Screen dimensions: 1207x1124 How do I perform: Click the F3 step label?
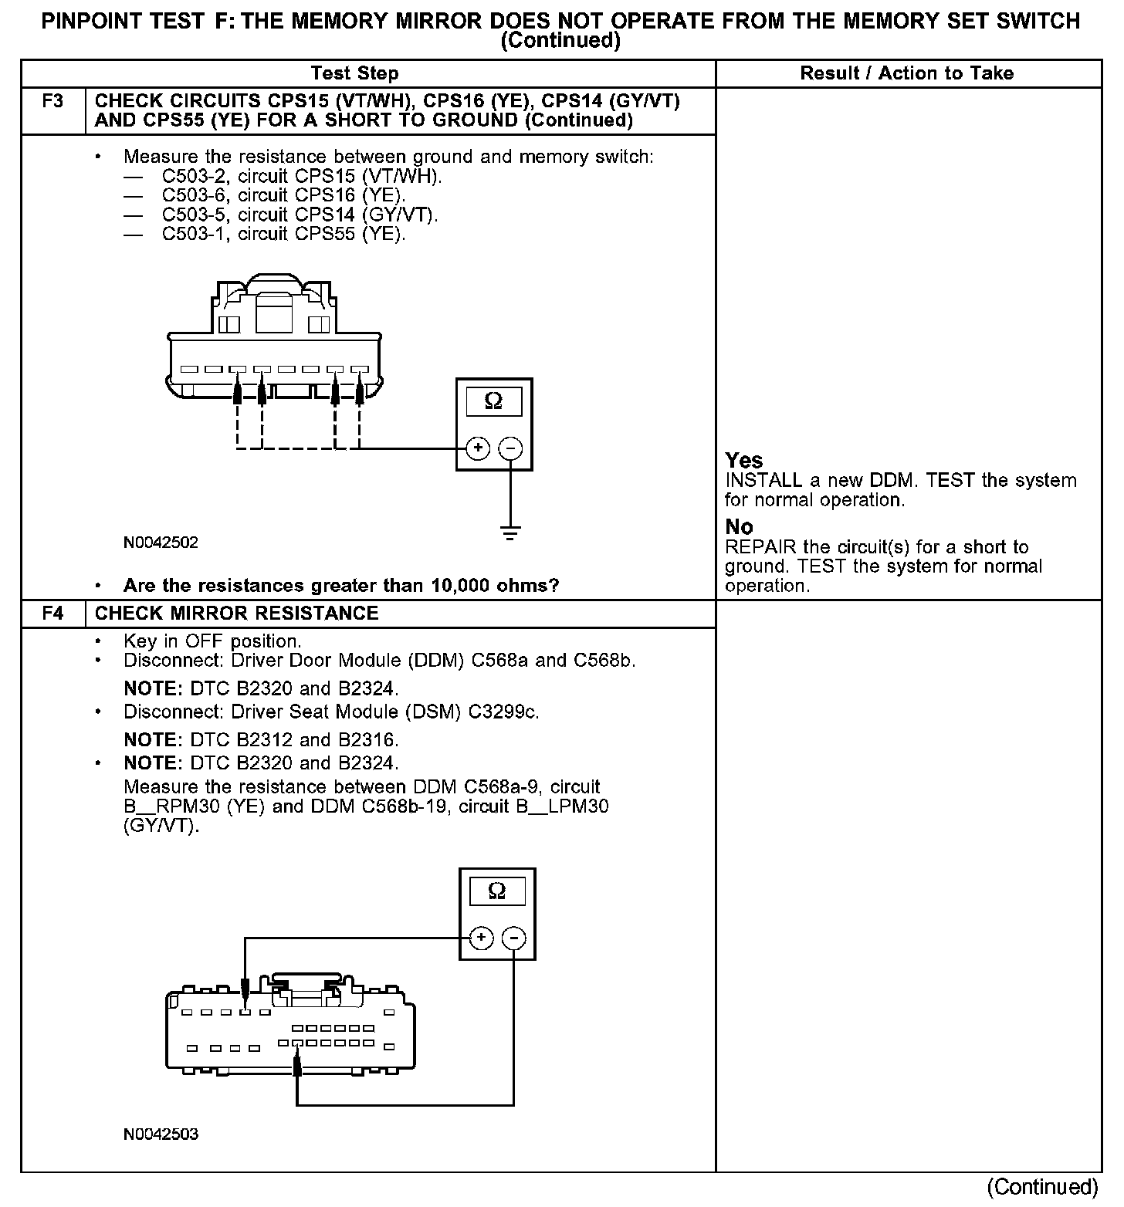52,101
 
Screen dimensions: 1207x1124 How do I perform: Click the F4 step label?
52,614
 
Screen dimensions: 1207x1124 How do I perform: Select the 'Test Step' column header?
354,73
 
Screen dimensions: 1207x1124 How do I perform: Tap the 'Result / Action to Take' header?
907,73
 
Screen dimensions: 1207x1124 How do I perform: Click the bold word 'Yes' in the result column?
744,461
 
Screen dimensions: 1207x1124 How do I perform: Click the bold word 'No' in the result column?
739,527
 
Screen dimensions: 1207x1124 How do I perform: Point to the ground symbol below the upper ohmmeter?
510,532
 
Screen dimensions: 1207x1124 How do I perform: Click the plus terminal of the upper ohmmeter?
478,448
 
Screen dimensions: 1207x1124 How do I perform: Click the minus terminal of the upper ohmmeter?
510,448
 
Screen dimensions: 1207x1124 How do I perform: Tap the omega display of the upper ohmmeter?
493,401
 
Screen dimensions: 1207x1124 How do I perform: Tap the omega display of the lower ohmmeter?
497,891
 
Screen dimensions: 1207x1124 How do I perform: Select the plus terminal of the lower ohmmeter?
481,938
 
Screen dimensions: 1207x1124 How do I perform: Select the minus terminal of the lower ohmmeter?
513,938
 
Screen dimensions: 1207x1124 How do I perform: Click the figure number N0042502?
161,543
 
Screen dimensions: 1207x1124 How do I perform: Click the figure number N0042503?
161,1134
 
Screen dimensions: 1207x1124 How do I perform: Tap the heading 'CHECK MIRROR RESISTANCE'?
236,614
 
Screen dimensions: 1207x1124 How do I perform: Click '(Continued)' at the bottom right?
1042,1187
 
